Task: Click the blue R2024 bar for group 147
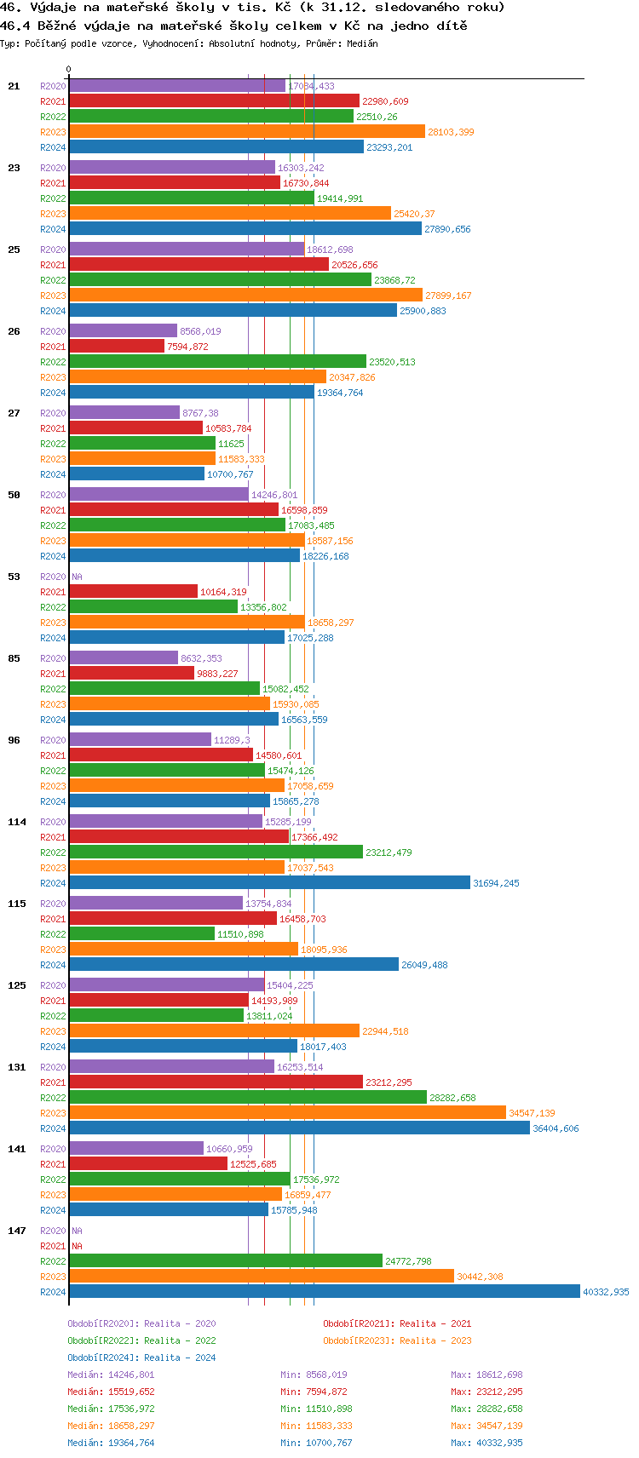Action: tap(324, 1292)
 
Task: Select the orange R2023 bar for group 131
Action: tap(287, 1113)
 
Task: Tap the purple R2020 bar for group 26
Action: tap(123, 331)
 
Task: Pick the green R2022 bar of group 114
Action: tap(216, 852)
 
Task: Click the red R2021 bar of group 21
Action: tap(214, 101)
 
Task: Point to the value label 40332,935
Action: tap(606, 1292)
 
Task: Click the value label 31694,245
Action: tap(496, 883)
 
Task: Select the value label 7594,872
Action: tap(187, 347)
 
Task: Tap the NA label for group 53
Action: tap(77, 577)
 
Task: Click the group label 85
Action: tap(14, 658)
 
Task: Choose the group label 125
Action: tap(17, 985)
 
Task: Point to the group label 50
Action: tap(14, 495)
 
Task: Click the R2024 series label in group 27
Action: tap(53, 474)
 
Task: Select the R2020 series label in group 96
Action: tap(53, 740)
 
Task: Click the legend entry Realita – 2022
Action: tap(141, 1340)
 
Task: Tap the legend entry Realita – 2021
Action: tap(397, 1323)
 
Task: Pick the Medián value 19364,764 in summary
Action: tap(111, 1443)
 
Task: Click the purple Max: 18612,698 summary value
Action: tap(486, 1375)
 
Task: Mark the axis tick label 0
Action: tap(69, 70)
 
